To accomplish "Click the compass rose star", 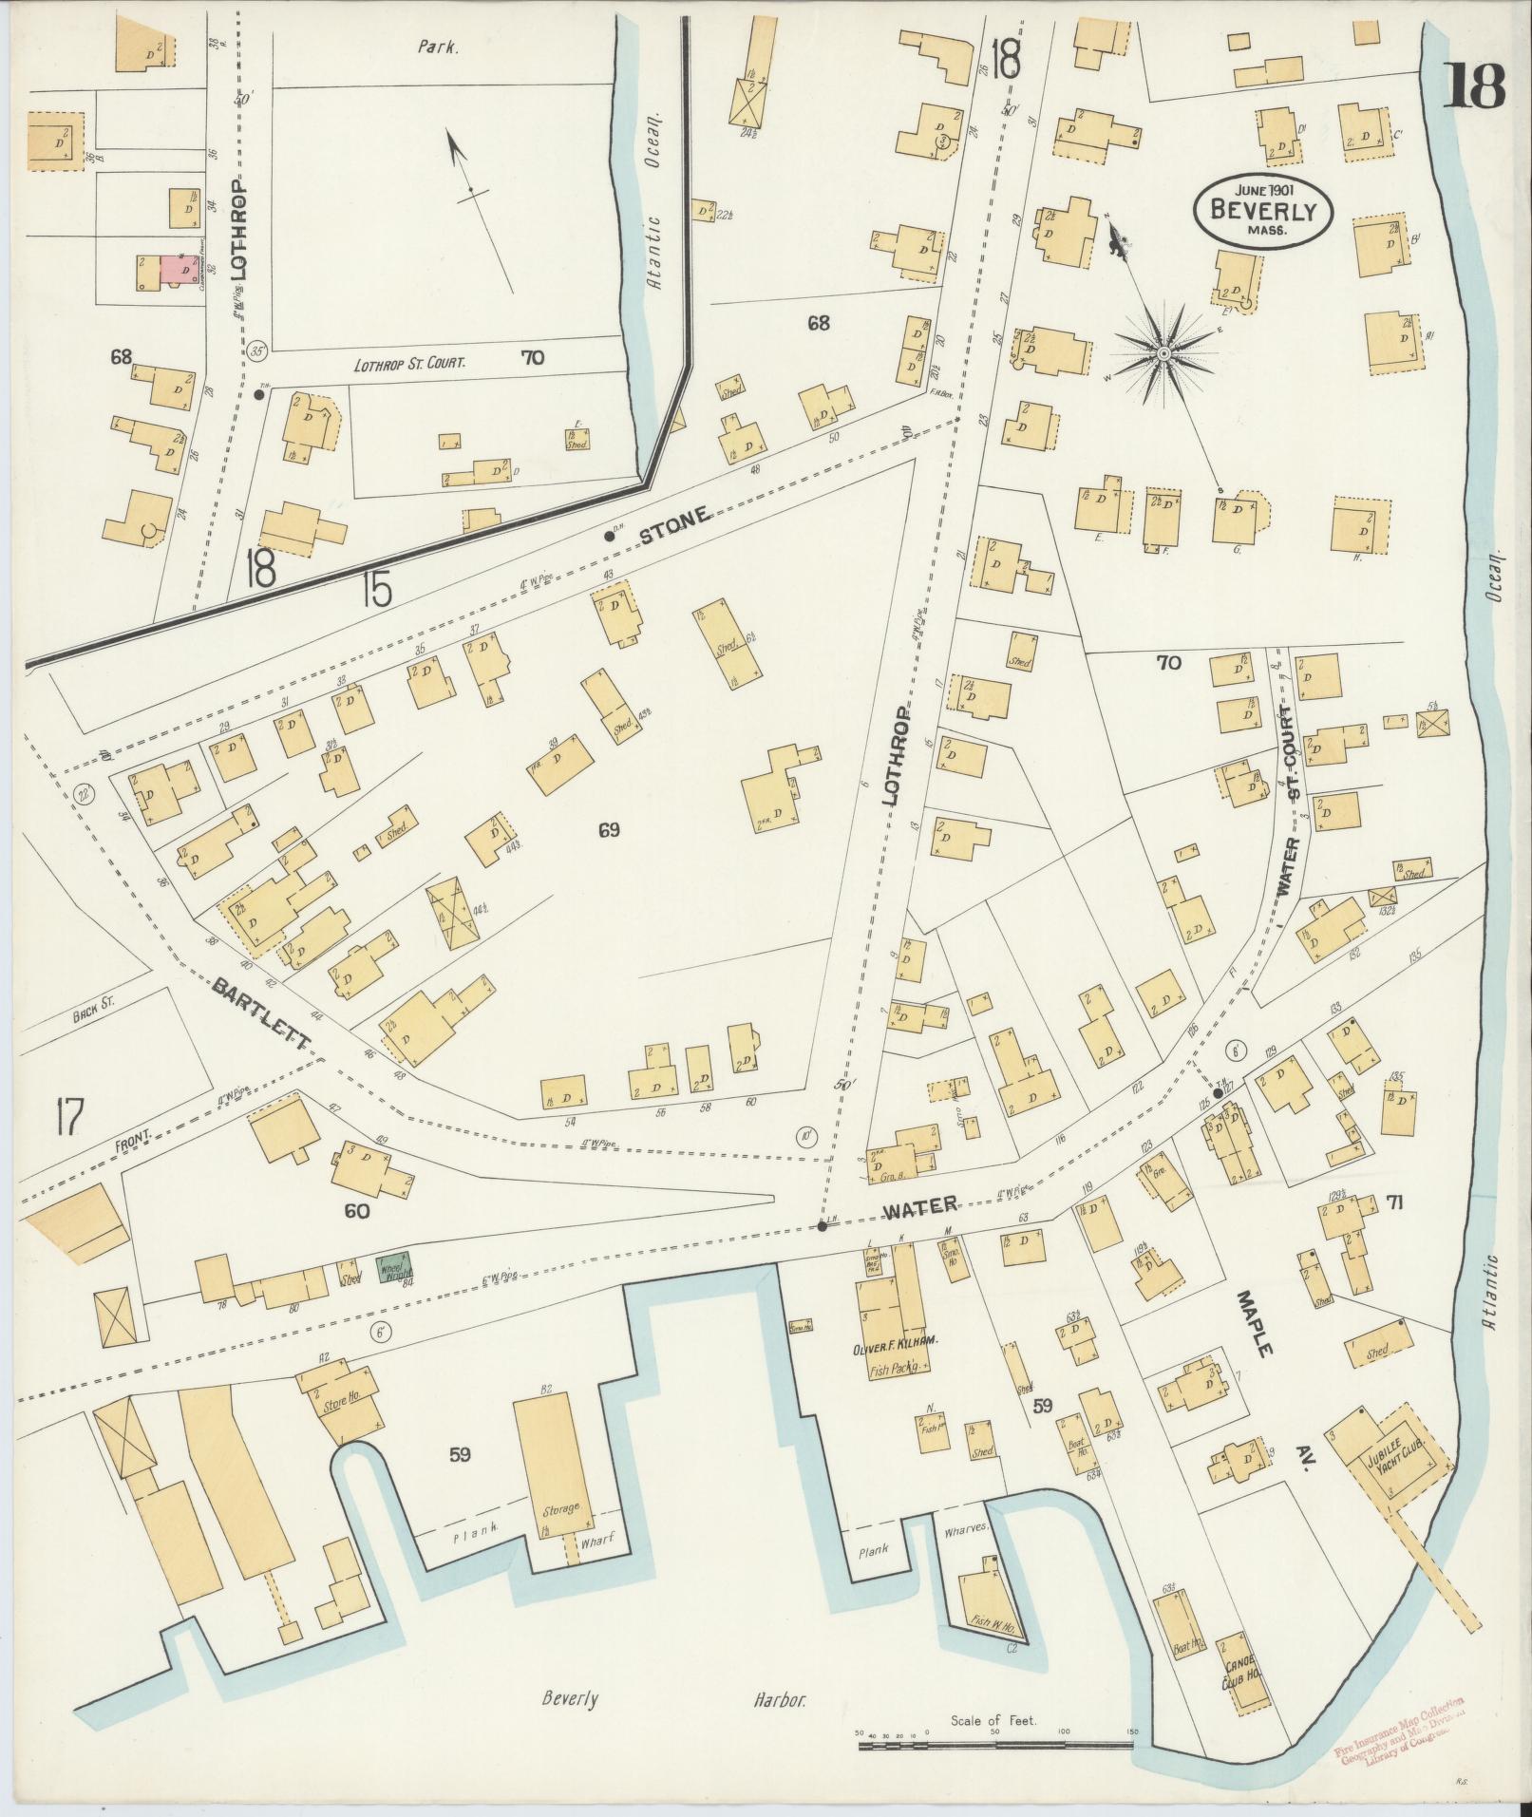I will (x=1163, y=353).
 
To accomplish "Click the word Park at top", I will (x=438, y=44).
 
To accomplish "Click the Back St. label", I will (x=92, y=1015).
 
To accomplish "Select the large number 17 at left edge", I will (x=69, y=1116).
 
